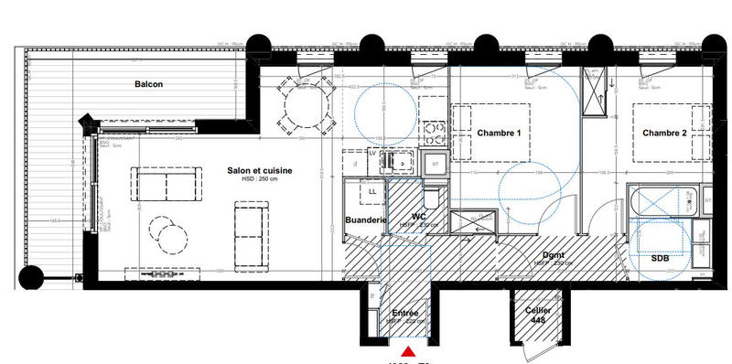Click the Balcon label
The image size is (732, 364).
click(148, 84)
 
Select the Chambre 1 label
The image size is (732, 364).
click(499, 134)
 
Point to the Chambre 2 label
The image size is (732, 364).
click(663, 134)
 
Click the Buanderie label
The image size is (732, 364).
click(365, 220)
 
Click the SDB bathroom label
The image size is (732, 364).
click(660, 259)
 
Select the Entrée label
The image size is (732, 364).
click(404, 314)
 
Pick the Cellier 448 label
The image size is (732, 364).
click(536, 316)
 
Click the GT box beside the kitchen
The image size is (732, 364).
click(436, 164)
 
